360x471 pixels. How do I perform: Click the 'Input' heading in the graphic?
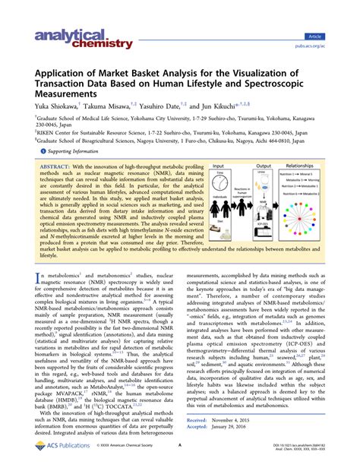[x=219, y=165]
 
